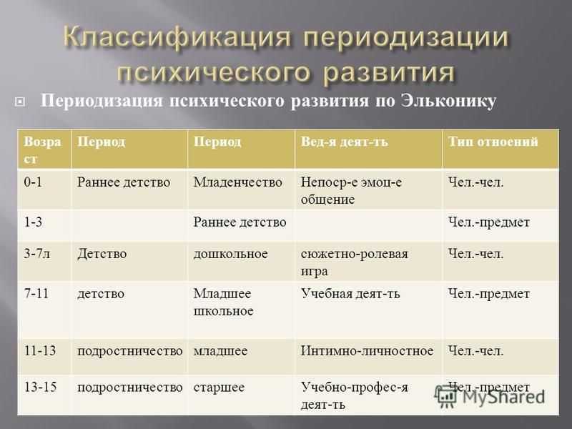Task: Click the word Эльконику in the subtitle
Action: pos(448,101)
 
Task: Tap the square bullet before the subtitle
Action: pos(20,102)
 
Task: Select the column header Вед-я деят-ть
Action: pos(345,142)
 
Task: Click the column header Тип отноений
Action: pos(493,142)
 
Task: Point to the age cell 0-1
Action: pos(33,182)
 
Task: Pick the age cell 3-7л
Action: pos(37,254)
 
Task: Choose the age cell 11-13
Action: pos(40,350)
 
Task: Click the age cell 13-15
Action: pos(40,387)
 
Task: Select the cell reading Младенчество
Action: pos(238,182)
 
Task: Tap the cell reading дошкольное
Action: pos(230,254)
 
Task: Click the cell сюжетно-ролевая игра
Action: pos(354,262)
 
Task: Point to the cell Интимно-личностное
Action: pos(367,350)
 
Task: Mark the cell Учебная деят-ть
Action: pos(350,294)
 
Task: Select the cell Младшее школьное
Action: pos(223,302)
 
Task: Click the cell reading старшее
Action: pos(219,388)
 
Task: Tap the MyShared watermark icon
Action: pos(445,396)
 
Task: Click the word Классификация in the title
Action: pos(177,37)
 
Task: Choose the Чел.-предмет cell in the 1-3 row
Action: pos(489,222)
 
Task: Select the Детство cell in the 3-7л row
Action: pos(102,254)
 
